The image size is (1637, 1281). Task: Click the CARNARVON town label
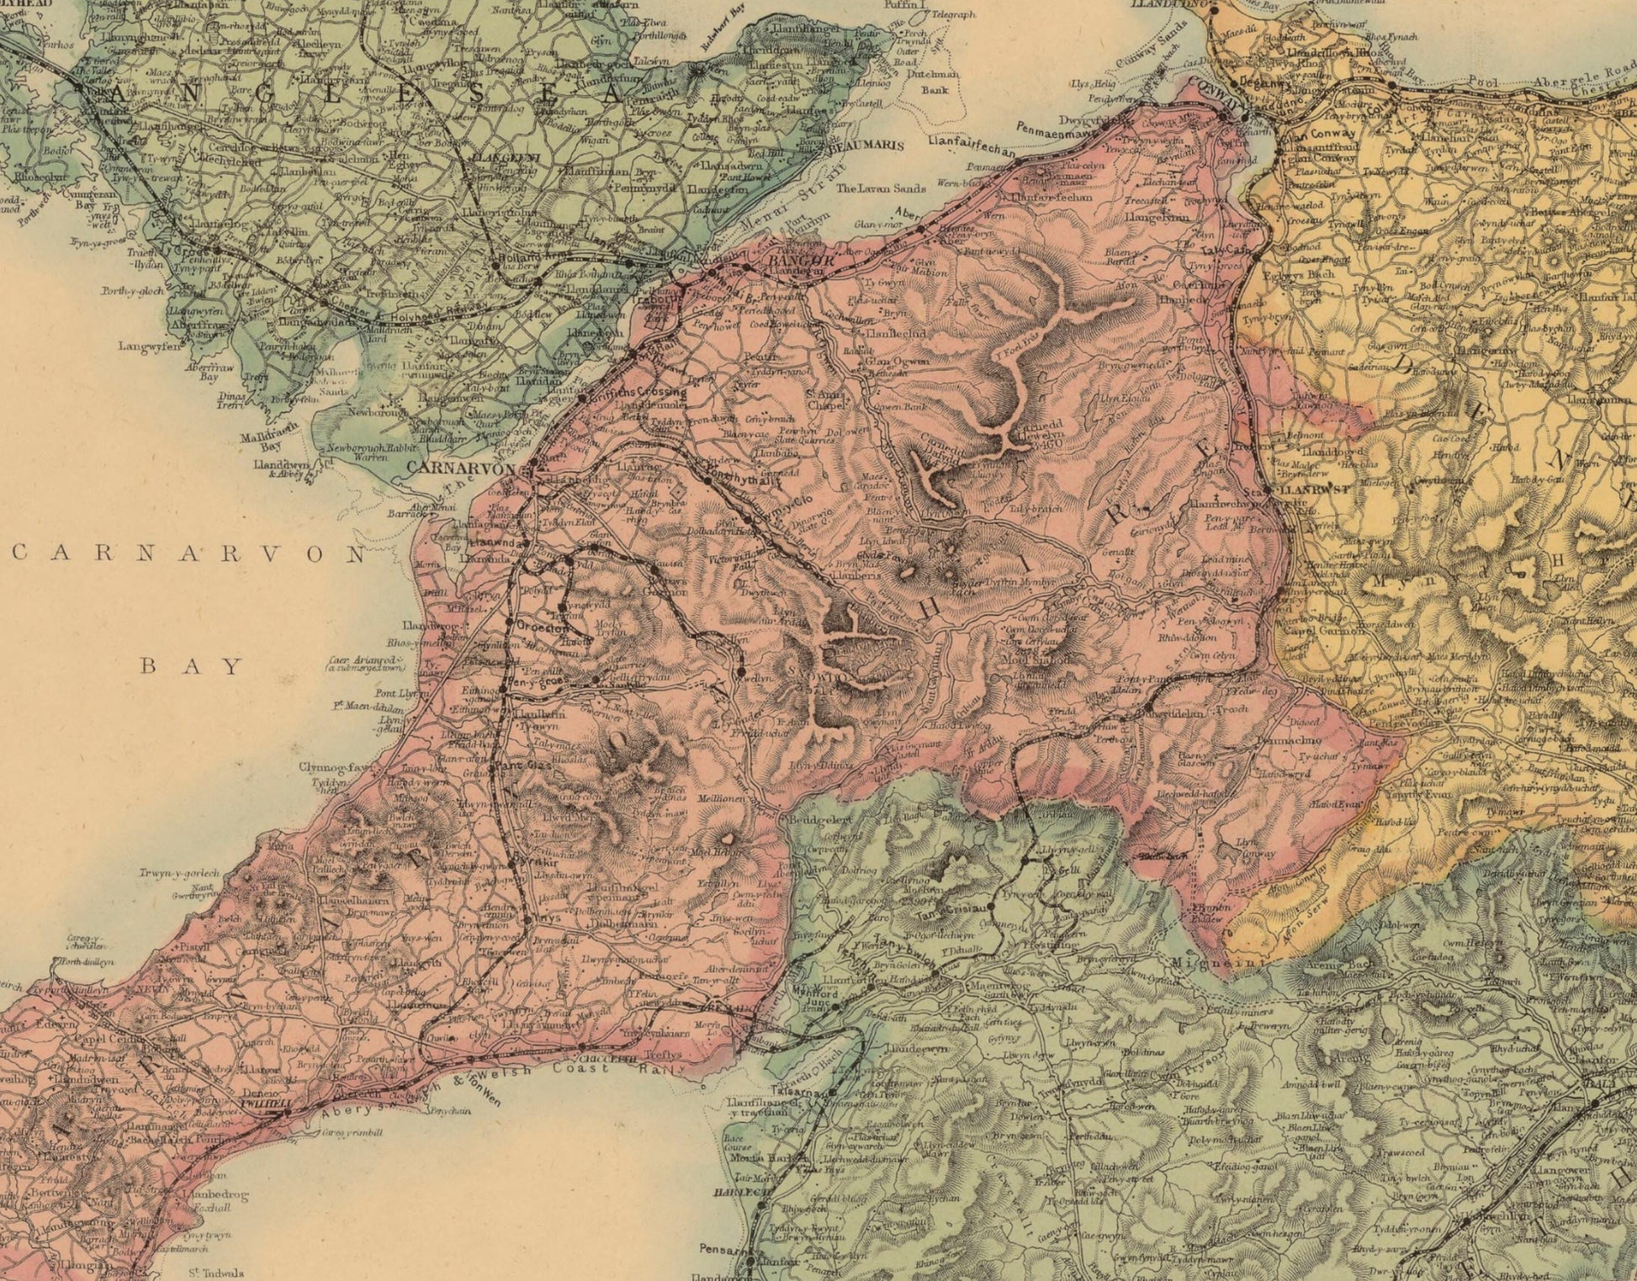[460, 468]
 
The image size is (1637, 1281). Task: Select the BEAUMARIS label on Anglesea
[866, 146]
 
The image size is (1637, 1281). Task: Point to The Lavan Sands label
[880, 188]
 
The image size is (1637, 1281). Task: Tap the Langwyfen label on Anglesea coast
[149, 345]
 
